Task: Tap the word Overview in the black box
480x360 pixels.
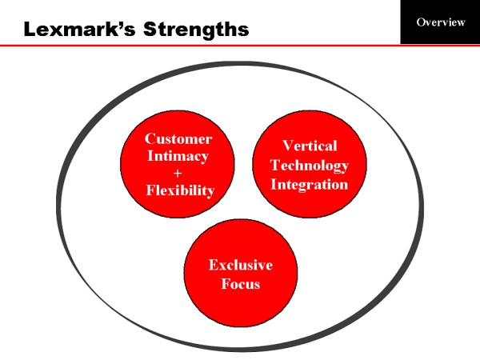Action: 440,22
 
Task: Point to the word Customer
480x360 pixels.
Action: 178,138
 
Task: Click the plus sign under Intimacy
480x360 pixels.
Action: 178,173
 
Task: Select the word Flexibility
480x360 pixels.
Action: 180,190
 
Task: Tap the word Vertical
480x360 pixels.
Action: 310,146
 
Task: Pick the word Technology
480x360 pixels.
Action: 310,165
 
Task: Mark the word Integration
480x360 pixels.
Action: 310,184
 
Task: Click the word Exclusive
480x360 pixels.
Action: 241,265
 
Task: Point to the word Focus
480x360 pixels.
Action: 241,283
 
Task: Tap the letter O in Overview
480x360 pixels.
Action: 421,22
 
